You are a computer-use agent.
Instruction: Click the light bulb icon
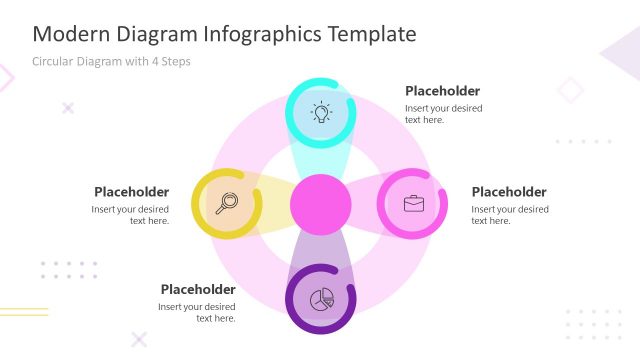320,112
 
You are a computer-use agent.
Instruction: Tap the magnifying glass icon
226,203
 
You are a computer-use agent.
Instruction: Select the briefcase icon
413,203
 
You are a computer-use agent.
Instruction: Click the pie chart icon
321,298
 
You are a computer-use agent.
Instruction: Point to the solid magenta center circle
320,204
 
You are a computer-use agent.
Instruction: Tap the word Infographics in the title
255,34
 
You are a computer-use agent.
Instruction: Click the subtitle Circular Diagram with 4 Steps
111,61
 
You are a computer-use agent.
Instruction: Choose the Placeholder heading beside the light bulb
442,91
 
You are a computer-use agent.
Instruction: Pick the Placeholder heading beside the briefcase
508,192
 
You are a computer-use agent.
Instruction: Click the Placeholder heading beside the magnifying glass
131,192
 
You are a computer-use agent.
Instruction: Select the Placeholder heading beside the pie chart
197,290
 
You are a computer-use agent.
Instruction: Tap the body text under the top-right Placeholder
443,114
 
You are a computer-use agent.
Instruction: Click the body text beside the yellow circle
131,215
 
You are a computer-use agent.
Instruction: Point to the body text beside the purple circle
197,312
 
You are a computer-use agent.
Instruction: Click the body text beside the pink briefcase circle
509,215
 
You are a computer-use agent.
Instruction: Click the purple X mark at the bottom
139,339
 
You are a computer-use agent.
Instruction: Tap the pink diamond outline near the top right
570,91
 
